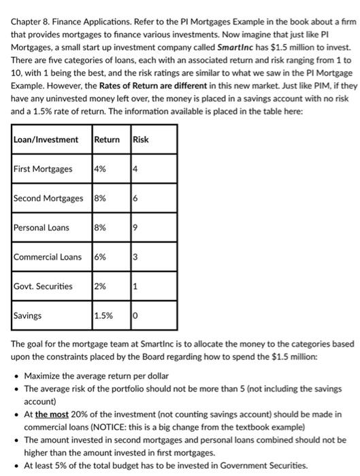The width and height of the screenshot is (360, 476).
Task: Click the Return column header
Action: pos(107,139)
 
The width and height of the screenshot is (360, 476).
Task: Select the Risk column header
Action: pos(141,139)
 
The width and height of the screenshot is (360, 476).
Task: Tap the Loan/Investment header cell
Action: pos(46,139)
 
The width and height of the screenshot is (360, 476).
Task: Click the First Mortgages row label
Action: pos(43,169)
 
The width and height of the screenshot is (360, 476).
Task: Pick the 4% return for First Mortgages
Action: pos(100,169)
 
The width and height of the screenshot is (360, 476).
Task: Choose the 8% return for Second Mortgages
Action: pos(100,198)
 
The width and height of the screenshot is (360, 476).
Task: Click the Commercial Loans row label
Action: pos(48,256)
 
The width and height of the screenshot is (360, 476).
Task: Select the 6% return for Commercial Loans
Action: pos(100,256)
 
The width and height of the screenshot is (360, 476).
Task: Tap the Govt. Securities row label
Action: pos(43,286)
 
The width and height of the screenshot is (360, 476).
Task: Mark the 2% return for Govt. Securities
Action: pos(100,286)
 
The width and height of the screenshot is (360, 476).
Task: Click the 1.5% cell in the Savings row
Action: pos(103,316)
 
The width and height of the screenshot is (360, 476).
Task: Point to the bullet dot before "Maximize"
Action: pos(16,376)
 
